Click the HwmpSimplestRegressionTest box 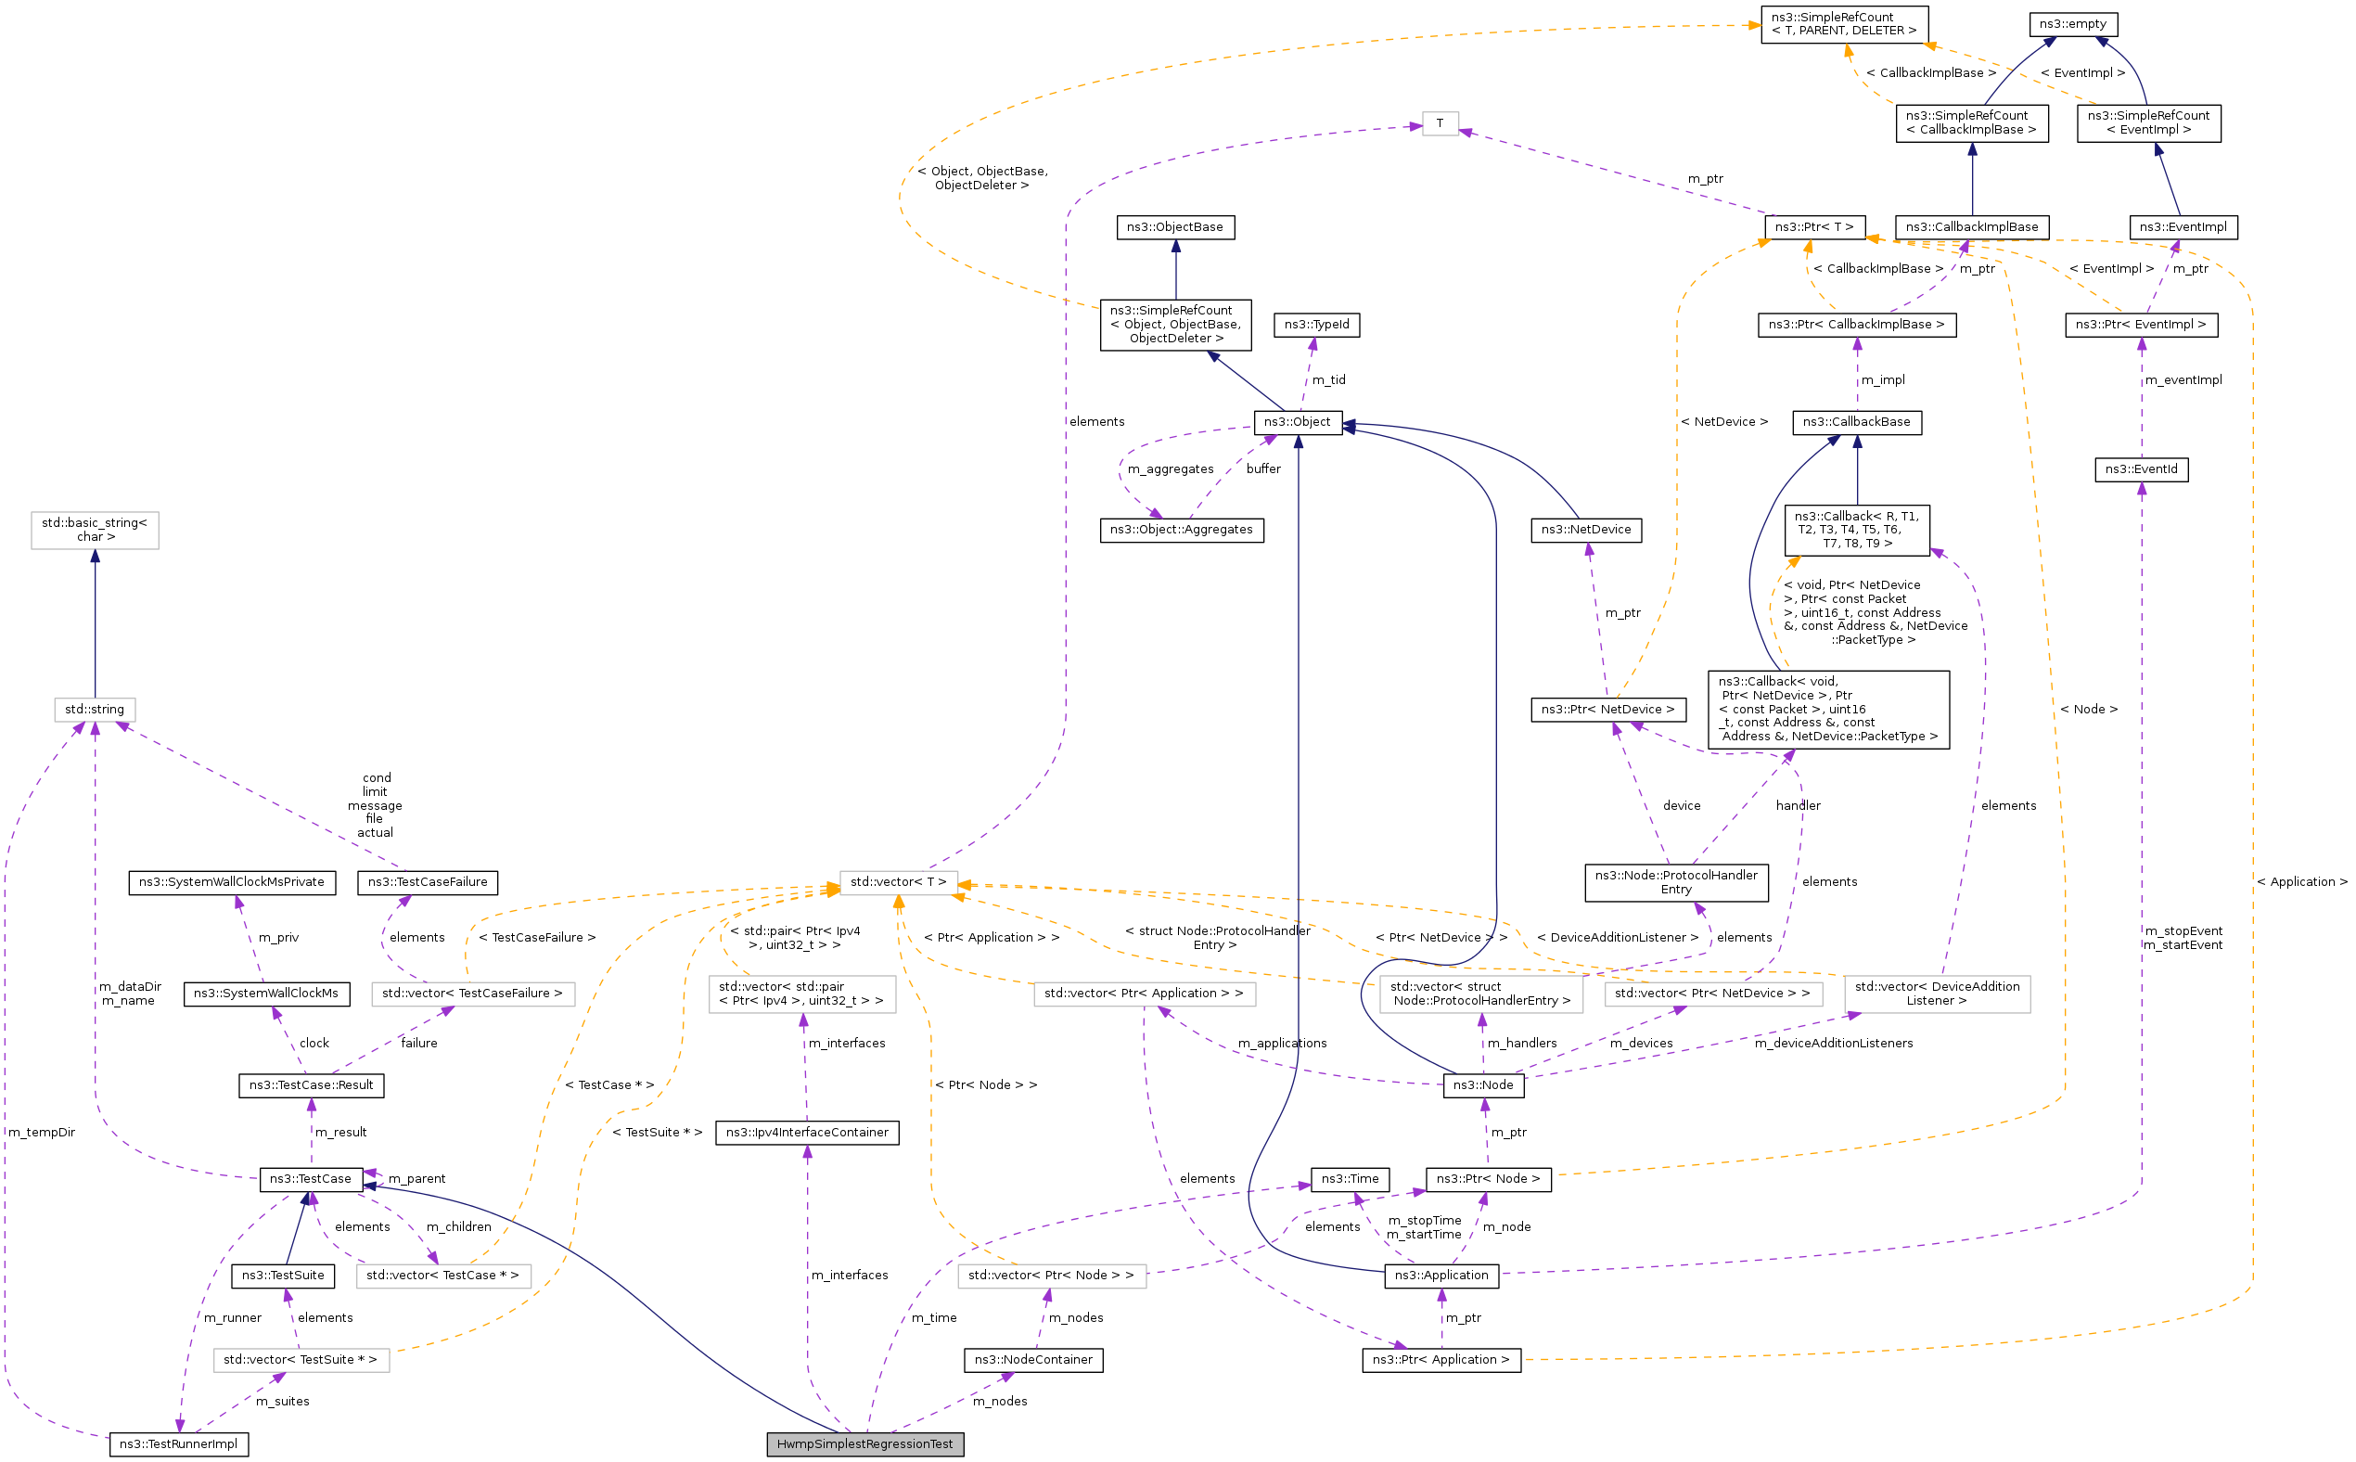864,1443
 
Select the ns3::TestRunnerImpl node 178,1443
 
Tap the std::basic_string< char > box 95,530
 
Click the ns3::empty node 2072,24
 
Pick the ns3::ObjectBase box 1174,227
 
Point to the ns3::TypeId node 1316,325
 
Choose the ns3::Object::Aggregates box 1181,530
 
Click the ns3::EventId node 2141,470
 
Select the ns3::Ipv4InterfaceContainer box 806,1133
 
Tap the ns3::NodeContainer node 1032,1360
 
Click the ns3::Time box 1350,1179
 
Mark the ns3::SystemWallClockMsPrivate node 232,882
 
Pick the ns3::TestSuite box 282,1276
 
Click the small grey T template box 1440,123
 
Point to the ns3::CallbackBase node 1856,422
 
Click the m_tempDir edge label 42,1133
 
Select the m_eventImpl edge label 2182,380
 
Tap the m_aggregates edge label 1170,469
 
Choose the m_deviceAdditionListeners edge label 1833,1044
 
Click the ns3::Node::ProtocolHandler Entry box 1675,882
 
